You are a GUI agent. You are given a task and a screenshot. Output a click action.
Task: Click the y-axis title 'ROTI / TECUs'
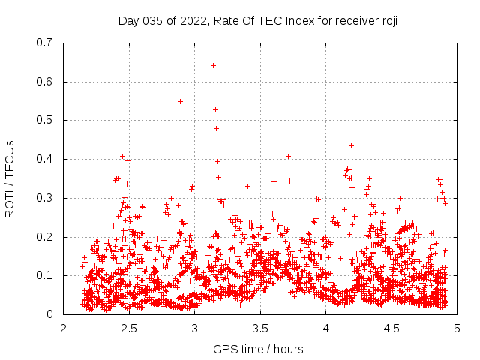click(x=10, y=178)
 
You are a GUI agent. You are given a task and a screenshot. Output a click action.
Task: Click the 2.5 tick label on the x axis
click(x=129, y=328)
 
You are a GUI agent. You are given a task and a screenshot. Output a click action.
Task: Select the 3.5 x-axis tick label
click(x=260, y=328)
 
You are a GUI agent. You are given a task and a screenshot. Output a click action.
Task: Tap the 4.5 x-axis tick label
click(x=391, y=328)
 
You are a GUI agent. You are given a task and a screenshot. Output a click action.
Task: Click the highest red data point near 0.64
click(x=213, y=66)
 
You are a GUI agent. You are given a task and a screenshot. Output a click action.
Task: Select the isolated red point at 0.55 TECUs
click(x=180, y=101)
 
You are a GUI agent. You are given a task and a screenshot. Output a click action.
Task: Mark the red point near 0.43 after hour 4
click(x=351, y=145)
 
